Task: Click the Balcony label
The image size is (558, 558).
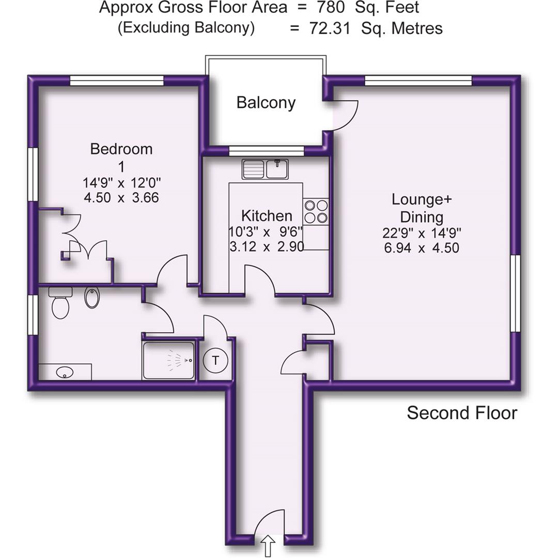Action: point(266,102)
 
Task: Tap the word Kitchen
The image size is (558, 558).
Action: point(267,215)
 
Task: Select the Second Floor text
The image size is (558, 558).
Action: point(461,413)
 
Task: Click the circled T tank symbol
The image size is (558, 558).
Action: point(214,360)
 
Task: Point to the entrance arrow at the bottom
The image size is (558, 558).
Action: point(269,546)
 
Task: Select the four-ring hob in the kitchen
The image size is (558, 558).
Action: point(316,211)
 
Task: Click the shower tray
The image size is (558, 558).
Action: point(169,361)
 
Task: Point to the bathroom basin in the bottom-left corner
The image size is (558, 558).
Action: point(65,371)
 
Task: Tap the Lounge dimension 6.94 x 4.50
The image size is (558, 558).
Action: point(422,247)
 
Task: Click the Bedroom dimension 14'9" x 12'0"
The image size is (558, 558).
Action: point(121,182)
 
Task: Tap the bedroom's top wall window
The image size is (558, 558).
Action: point(117,81)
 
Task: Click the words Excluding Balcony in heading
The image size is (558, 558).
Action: point(186,28)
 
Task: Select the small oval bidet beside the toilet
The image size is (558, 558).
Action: point(92,298)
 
